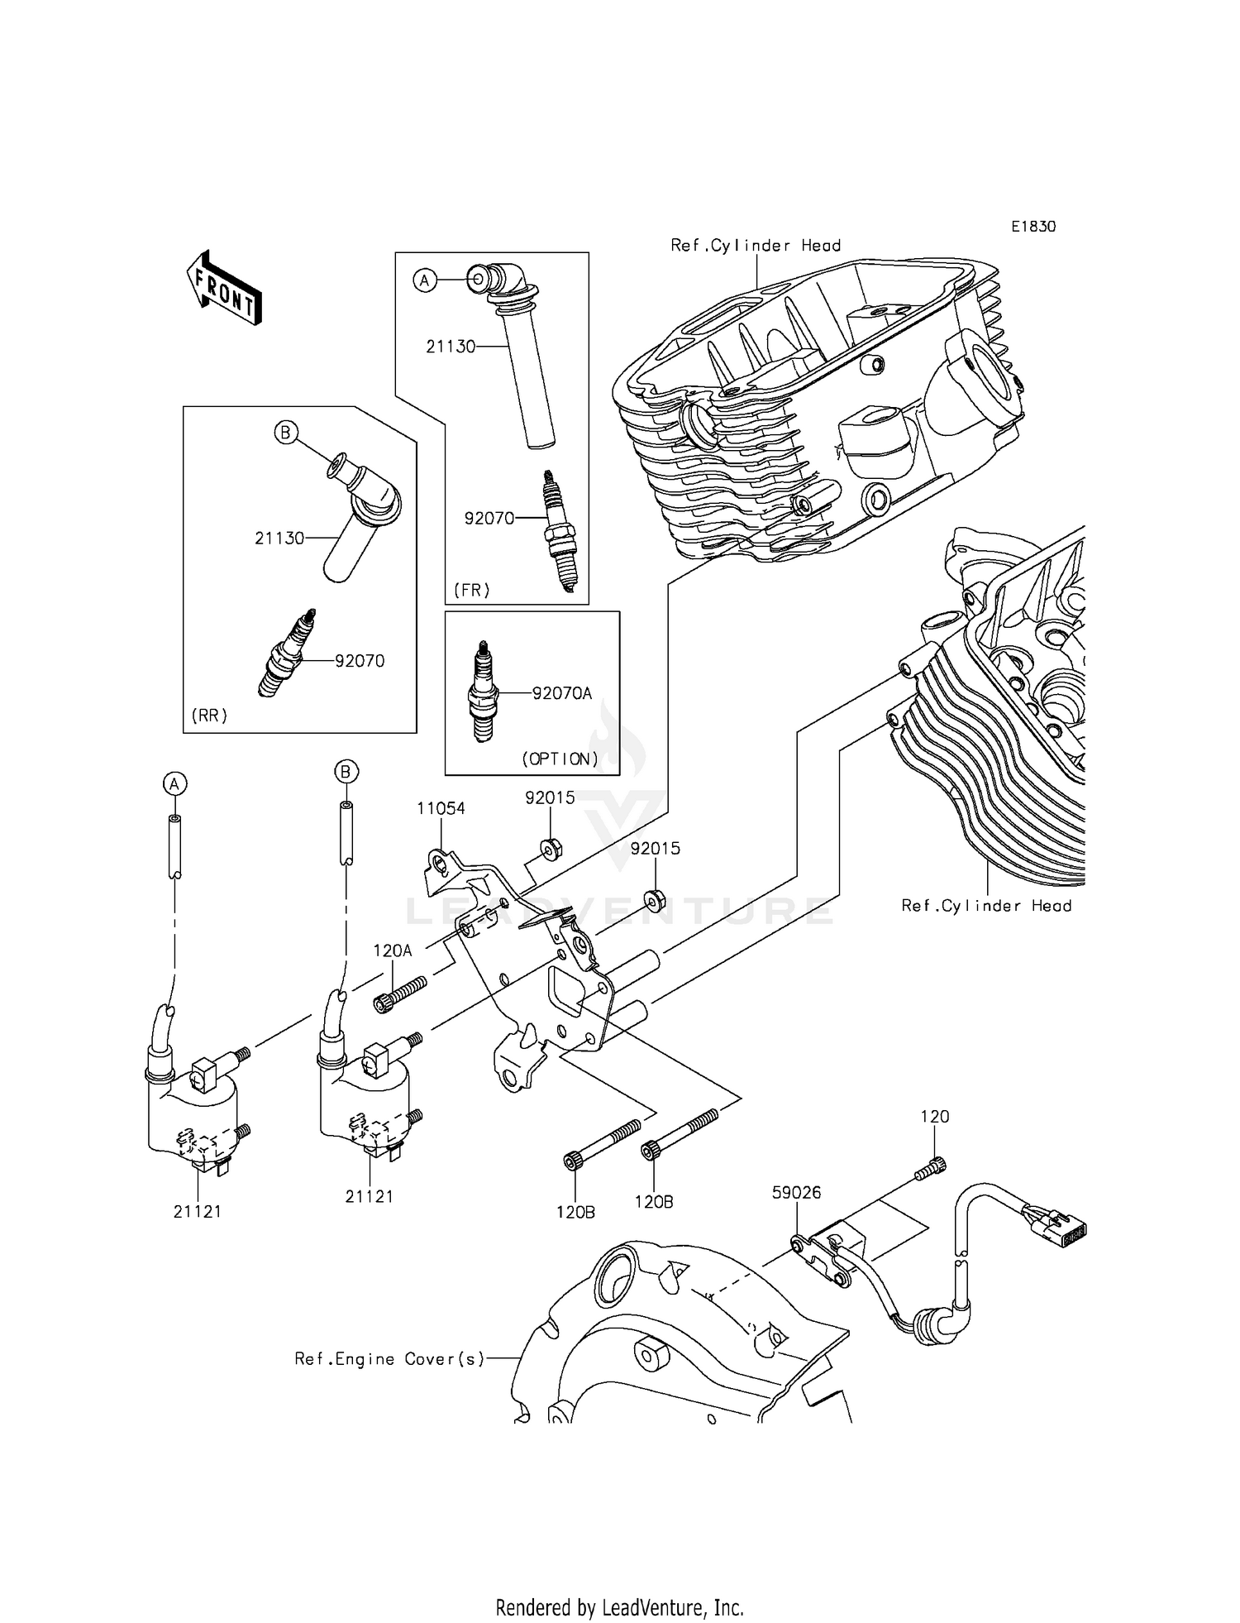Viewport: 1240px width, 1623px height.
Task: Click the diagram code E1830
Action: click(1033, 227)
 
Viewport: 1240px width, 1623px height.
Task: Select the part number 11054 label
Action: click(441, 808)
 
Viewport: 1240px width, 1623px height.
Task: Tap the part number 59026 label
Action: click(796, 1192)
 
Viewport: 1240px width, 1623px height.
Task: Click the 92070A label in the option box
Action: click(562, 693)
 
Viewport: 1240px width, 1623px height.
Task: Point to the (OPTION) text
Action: click(560, 759)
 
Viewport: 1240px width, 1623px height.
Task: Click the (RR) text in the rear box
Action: click(208, 716)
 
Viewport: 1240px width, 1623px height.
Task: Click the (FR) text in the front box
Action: click(471, 590)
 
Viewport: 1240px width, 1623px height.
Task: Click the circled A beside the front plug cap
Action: click(424, 281)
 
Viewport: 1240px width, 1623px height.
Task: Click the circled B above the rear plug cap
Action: click(285, 432)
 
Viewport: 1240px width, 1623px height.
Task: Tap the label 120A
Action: click(392, 951)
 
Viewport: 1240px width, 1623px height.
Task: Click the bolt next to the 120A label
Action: click(400, 993)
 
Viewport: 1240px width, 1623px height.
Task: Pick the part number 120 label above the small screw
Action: click(935, 1116)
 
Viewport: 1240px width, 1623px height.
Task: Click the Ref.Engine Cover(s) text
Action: click(389, 1358)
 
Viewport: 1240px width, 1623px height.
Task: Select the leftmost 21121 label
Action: click(197, 1211)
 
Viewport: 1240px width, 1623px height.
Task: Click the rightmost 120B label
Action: click(653, 1202)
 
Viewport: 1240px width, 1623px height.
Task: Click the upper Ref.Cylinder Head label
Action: click(756, 246)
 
